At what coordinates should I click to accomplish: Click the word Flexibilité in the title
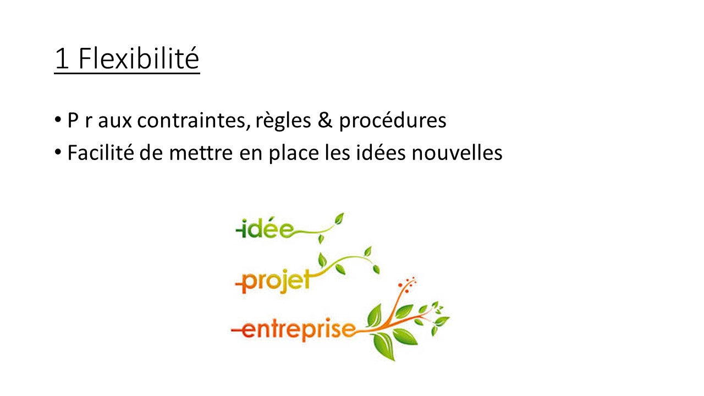tap(139, 58)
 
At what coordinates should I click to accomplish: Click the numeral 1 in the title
tap(62, 59)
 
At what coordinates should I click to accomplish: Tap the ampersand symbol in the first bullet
tap(324, 120)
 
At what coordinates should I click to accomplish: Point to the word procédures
tap(393, 120)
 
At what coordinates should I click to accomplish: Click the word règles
tap(283, 120)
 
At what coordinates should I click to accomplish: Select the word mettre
tap(201, 153)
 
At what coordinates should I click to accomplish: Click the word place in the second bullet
tap(294, 153)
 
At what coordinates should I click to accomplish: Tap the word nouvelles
tap(457, 153)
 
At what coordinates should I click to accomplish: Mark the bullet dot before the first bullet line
tap(58, 120)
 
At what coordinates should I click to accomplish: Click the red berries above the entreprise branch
tap(407, 284)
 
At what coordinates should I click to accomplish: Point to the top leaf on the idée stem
tap(339, 218)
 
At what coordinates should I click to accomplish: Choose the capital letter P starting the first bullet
tap(73, 120)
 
